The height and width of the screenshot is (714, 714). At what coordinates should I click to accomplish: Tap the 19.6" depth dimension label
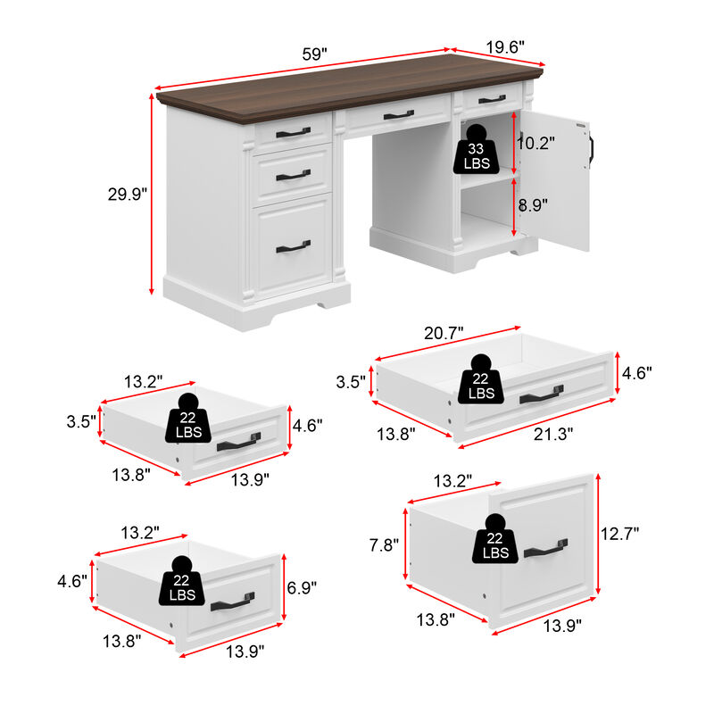click(505, 46)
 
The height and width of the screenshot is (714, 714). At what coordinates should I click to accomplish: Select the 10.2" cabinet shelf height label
click(536, 142)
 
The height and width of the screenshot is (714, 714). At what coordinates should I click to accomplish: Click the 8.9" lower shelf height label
click(533, 204)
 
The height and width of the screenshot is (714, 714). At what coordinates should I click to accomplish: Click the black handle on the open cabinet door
click(591, 148)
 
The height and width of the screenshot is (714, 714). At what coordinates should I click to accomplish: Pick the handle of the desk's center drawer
click(398, 114)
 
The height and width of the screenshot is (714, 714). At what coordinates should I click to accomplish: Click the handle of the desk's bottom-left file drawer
click(293, 246)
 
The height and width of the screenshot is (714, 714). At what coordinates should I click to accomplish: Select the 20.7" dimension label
click(444, 333)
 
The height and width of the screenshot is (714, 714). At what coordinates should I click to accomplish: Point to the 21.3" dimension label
click(553, 433)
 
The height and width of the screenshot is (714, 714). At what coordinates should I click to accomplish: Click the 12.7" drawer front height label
click(619, 534)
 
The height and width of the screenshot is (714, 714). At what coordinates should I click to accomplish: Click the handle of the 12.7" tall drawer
click(545, 549)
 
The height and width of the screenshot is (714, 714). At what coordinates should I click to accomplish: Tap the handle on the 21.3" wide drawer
click(541, 394)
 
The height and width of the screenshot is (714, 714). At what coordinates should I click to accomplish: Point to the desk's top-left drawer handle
click(293, 133)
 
